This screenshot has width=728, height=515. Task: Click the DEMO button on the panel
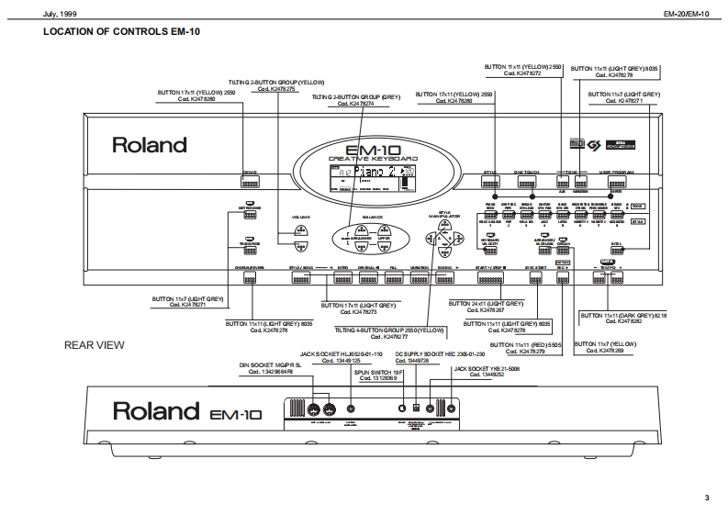249,180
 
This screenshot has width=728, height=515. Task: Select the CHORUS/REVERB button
249,275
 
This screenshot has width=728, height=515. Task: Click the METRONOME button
248,213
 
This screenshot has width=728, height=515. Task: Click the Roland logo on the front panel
149,145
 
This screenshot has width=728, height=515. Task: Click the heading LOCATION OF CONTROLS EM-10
121,32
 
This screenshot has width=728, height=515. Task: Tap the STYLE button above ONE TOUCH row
495,181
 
